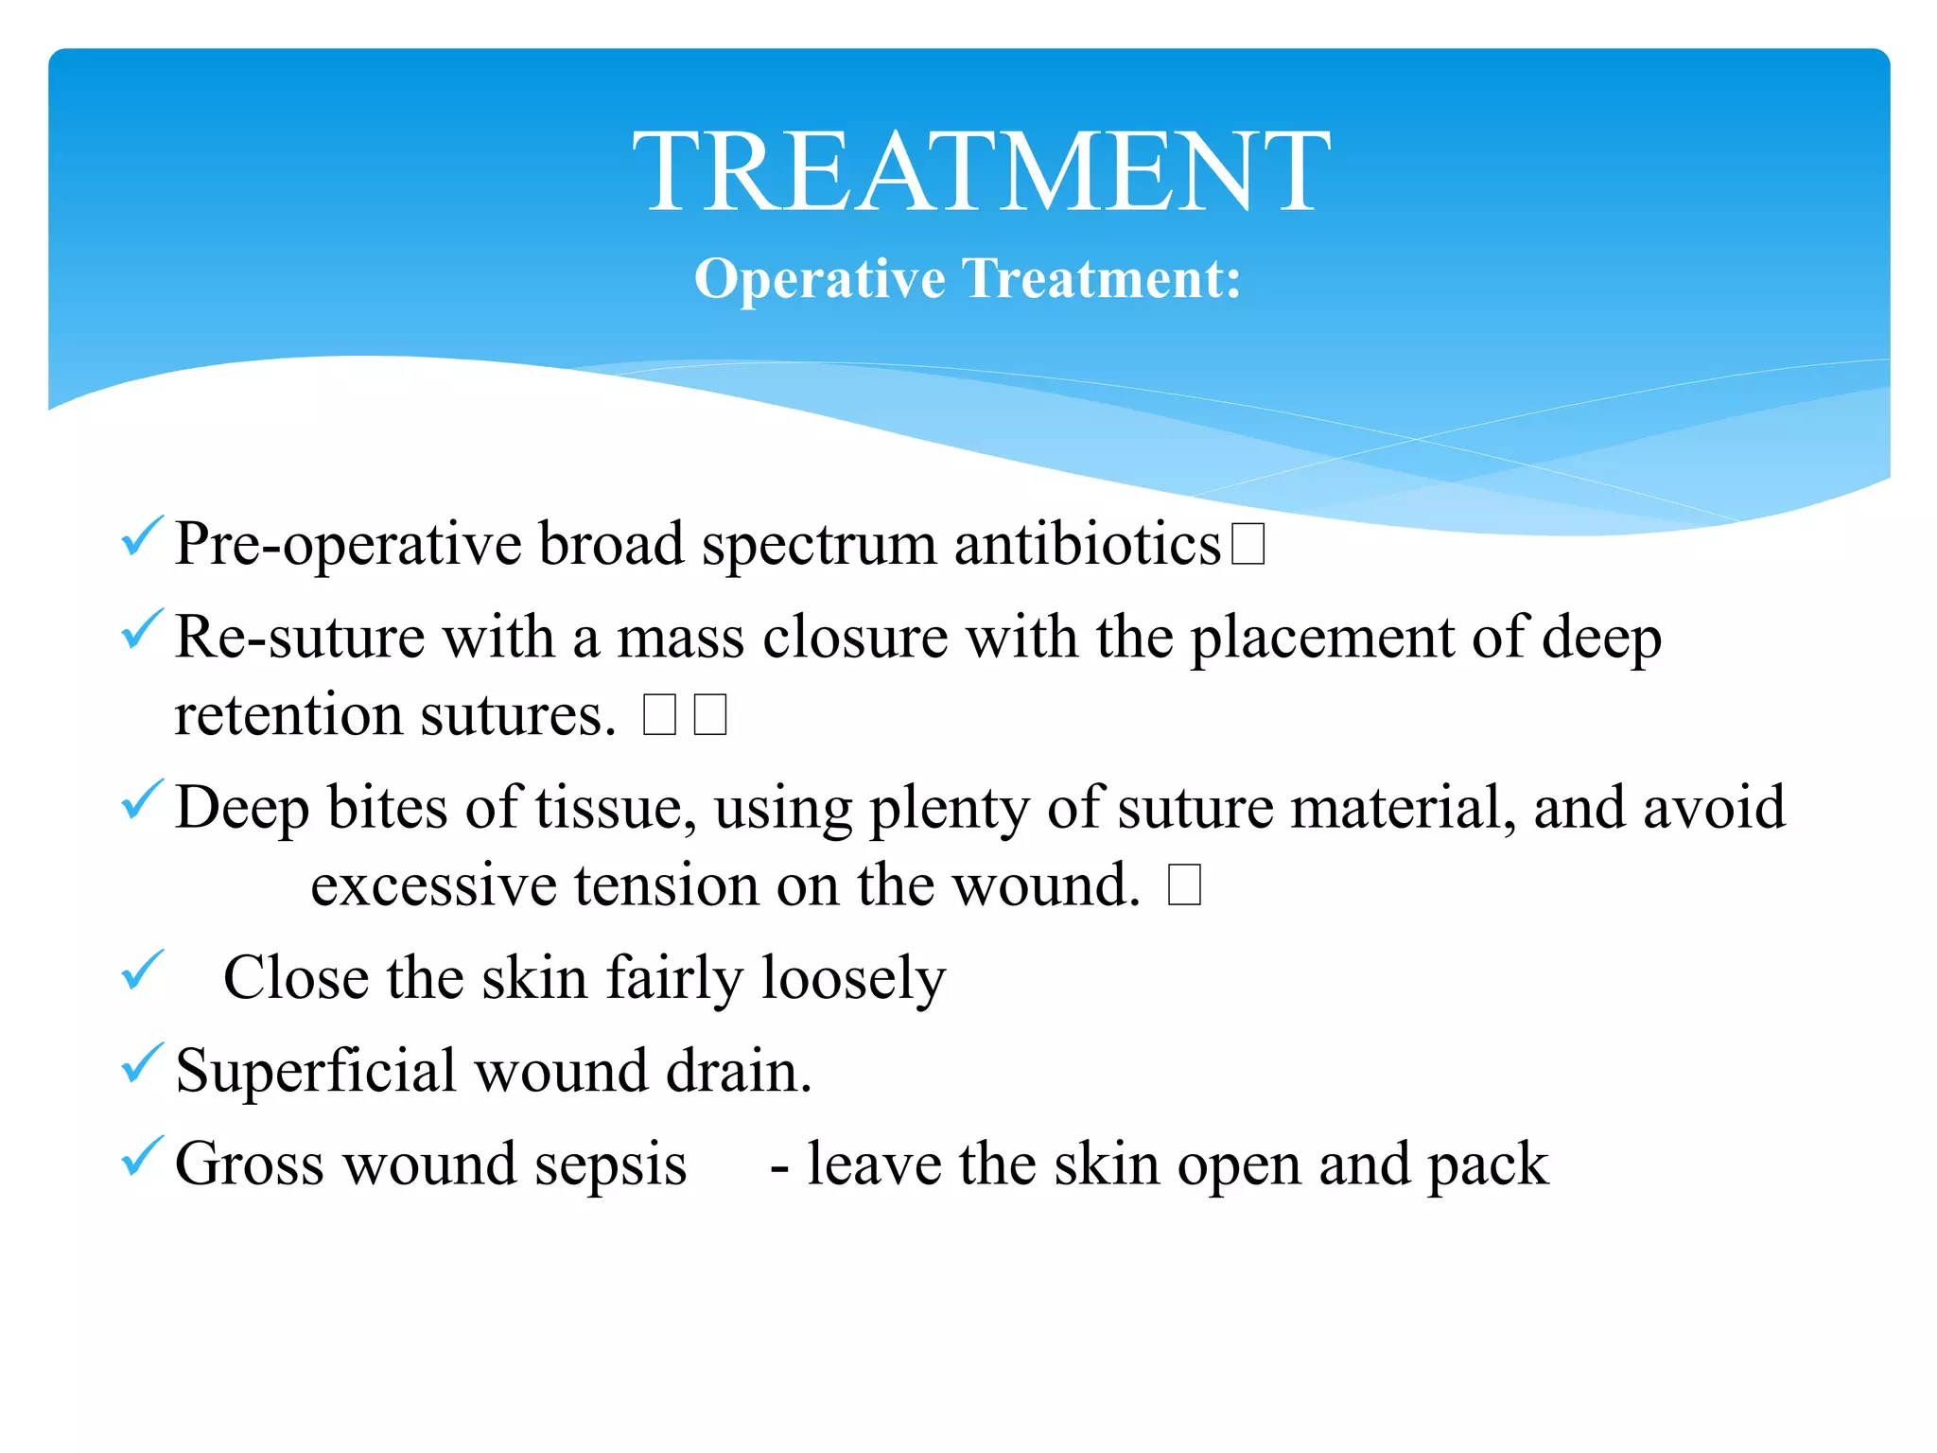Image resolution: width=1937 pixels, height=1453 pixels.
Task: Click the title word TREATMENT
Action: [981, 172]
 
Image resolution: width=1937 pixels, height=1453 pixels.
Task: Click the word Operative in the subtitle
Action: [819, 279]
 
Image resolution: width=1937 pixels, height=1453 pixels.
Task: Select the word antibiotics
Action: [1088, 546]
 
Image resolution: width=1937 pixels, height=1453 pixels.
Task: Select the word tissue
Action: [614, 810]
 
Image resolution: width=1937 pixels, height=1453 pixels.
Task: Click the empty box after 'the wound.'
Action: [1184, 886]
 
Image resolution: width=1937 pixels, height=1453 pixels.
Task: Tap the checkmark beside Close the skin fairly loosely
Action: [143, 971]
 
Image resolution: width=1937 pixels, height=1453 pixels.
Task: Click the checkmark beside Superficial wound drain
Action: [143, 1063]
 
